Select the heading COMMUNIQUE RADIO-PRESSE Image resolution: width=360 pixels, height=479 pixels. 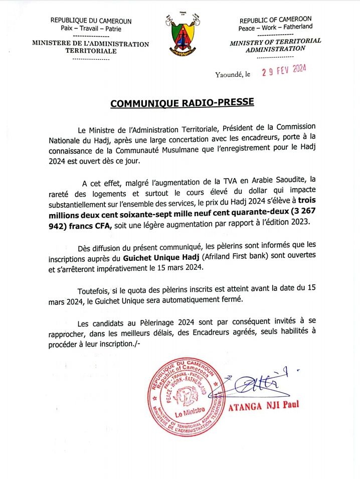182,103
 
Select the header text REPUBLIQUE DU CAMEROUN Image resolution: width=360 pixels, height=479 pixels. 91,21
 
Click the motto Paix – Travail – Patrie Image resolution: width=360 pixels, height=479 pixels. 91,28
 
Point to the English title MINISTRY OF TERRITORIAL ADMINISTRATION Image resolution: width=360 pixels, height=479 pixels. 275,45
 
